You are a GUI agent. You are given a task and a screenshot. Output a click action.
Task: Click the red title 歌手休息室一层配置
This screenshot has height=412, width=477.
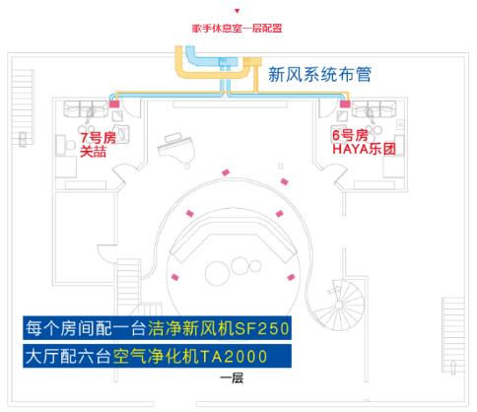tap(237, 29)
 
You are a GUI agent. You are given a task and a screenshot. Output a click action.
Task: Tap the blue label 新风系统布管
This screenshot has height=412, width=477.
tap(319, 74)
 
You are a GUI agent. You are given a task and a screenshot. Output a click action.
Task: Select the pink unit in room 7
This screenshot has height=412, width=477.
tap(114, 104)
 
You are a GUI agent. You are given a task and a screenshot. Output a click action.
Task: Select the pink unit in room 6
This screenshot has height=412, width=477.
tap(345, 104)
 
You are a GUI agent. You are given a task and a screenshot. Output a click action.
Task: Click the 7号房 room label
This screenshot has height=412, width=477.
tap(98, 137)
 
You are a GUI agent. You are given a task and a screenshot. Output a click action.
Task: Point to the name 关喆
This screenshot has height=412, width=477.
tap(93, 152)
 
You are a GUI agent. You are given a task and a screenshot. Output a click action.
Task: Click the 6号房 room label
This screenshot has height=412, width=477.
tap(350, 135)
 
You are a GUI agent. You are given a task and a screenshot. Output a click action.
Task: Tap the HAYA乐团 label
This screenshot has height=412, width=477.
tap(364, 149)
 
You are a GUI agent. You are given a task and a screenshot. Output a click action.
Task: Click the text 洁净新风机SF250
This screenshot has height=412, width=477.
tap(219, 328)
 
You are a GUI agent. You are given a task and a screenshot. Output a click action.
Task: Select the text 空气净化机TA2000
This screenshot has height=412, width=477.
tap(190, 356)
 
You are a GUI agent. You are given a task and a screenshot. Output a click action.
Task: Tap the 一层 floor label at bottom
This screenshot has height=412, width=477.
tap(232, 378)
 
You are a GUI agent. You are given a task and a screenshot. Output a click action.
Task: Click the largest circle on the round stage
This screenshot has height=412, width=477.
tap(217, 273)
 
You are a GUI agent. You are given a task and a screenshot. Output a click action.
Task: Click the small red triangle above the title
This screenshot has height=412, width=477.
tap(238, 11)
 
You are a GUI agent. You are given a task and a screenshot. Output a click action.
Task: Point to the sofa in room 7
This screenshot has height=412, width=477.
tap(86, 109)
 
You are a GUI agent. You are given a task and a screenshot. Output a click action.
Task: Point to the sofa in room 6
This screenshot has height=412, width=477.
tap(374, 108)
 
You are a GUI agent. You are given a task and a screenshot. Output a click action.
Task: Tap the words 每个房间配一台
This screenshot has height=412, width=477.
tap(86, 328)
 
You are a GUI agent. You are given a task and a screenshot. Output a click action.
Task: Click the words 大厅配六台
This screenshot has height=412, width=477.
tap(68, 356)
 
